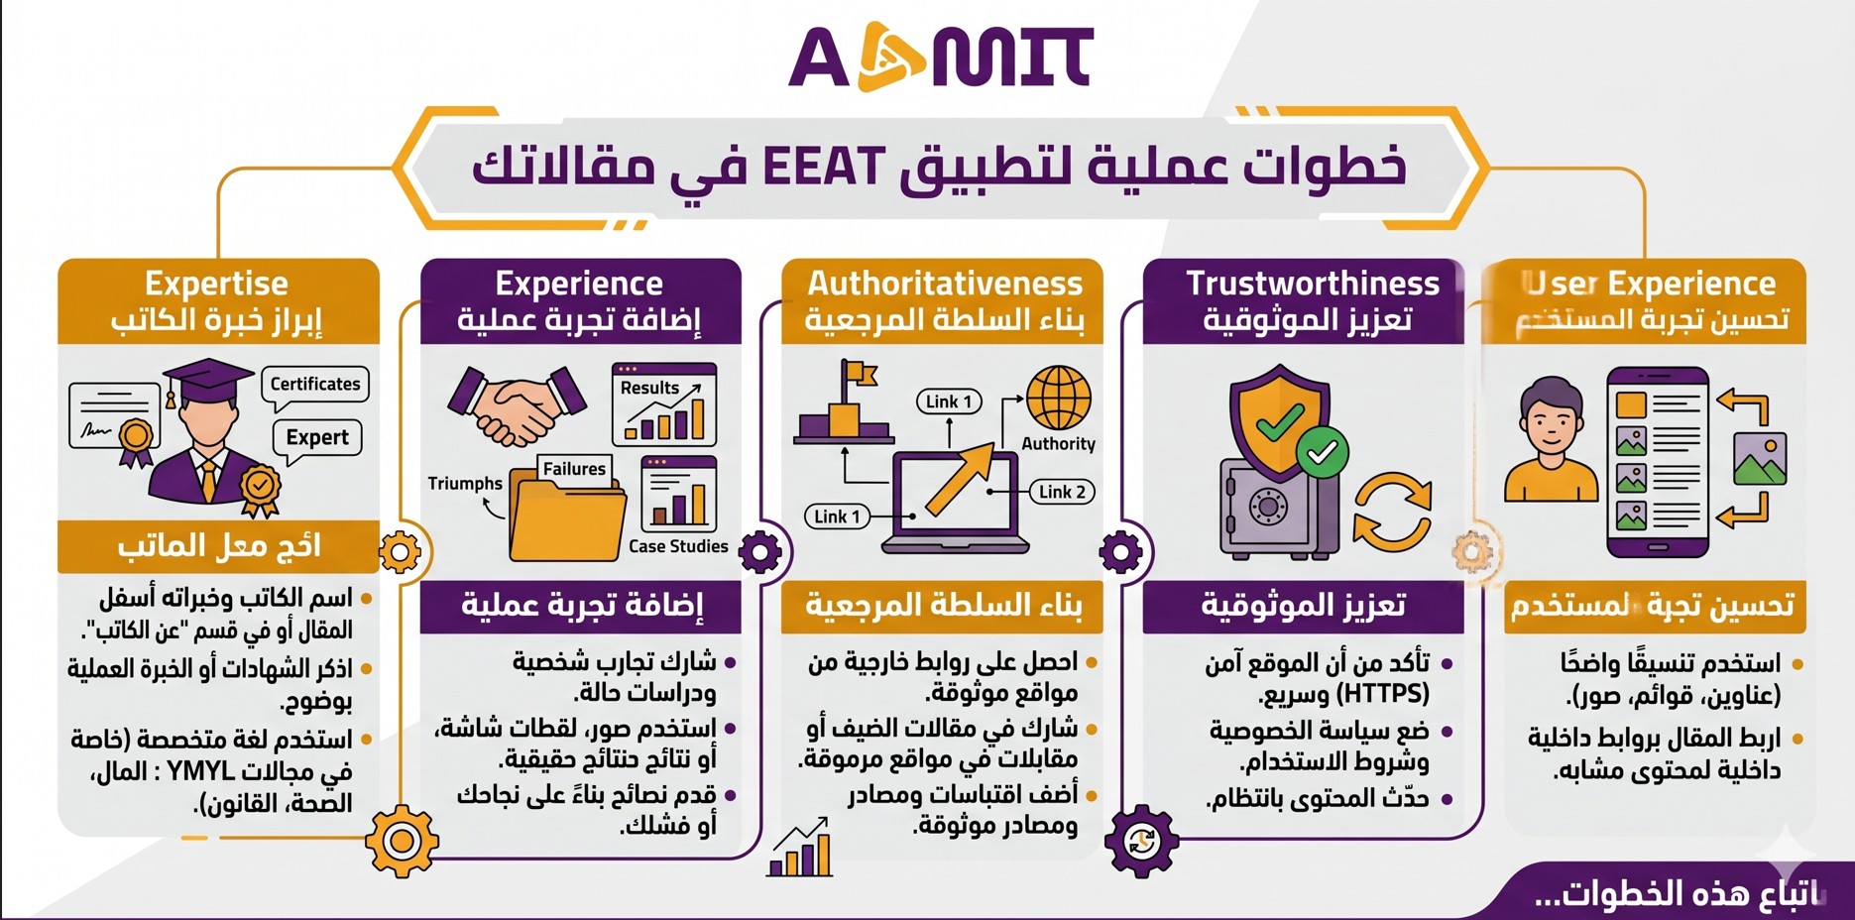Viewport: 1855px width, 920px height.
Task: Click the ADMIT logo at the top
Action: click(x=940, y=57)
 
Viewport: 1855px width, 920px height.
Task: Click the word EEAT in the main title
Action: click(x=822, y=167)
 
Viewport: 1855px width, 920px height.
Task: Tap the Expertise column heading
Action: click(x=216, y=284)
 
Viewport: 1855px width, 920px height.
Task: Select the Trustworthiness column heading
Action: click(x=1312, y=284)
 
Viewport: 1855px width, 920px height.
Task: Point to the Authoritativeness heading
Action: click(x=944, y=284)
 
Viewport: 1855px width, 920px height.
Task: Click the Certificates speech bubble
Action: click(x=315, y=385)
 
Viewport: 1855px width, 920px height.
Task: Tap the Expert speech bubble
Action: click(x=317, y=437)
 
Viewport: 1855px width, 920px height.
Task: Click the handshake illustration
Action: click(x=516, y=404)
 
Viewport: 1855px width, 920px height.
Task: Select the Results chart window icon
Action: click(x=664, y=404)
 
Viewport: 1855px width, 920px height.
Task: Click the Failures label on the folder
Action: click(x=574, y=469)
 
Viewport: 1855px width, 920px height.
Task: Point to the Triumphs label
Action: click(x=464, y=484)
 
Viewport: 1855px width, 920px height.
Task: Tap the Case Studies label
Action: click(x=678, y=546)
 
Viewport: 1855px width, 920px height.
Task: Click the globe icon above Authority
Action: click(x=1058, y=398)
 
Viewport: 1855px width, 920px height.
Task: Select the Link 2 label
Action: click(x=1062, y=492)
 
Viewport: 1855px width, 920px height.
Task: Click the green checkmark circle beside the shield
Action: click(x=1322, y=452)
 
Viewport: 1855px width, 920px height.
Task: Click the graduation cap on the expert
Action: click(x=202, y=380)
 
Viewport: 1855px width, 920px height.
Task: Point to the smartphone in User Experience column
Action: click(x=1657, y=462)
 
